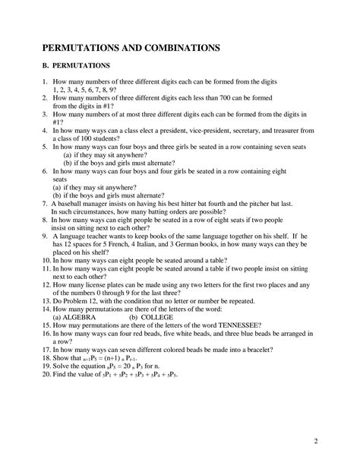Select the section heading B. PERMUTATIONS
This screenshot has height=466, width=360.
[x=79, y=67]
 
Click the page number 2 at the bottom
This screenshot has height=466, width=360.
[x=336, y=440]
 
